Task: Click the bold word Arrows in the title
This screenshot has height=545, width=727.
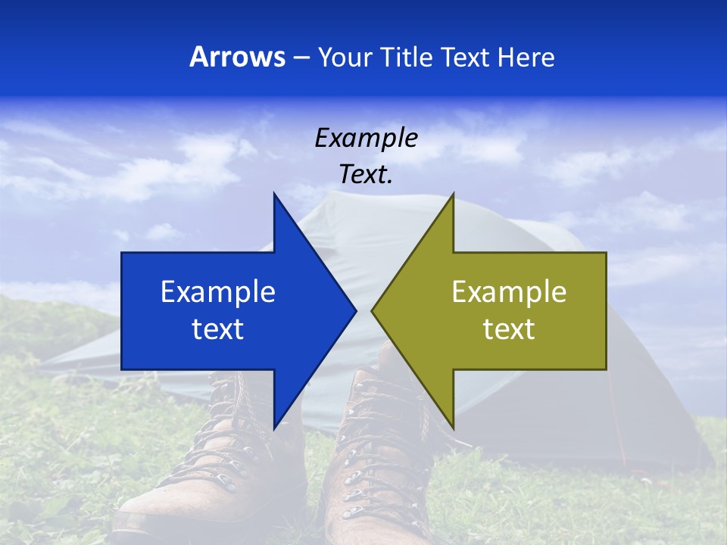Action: point(237,57)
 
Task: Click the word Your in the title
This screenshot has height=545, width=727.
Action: point(345,58)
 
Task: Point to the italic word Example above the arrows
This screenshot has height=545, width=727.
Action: point(366,138)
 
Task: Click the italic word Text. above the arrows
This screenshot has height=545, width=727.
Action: point(366,175)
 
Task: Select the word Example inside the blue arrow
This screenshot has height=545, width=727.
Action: point(218,292)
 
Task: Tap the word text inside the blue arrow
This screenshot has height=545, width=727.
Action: point(218,329)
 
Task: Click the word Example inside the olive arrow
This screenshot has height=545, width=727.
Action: point(509,292)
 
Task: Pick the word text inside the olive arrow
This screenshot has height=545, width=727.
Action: point(509,329)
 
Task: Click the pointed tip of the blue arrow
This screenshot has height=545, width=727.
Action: point(355,310)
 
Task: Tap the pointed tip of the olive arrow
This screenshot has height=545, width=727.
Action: point(373,310)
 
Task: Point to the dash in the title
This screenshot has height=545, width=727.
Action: point(300,58)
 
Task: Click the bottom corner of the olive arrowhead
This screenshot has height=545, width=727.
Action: point(453,428)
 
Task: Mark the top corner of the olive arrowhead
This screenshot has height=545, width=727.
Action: point(453,194)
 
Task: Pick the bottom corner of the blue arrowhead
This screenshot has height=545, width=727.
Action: point(274,428)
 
